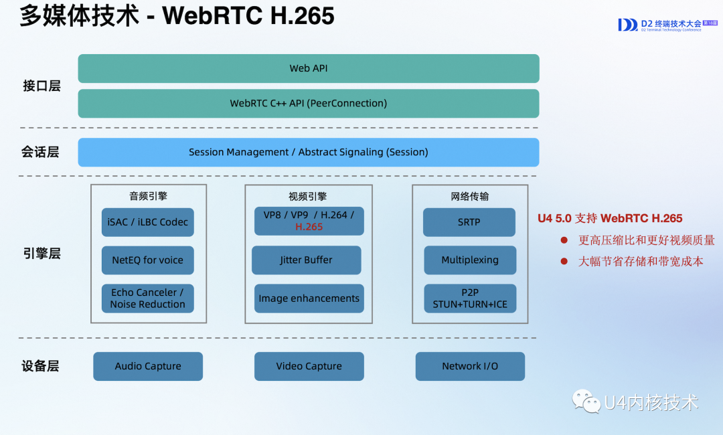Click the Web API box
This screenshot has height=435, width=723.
309,68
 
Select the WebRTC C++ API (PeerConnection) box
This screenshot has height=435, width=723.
309,104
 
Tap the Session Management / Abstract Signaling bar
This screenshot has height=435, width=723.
309,153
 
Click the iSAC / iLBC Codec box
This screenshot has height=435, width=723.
148,222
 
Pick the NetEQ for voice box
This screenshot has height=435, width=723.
148,260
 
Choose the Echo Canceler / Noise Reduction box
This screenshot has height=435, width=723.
148,298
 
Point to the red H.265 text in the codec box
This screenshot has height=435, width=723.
309,227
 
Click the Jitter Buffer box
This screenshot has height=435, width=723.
307,260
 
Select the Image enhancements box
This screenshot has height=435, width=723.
309,298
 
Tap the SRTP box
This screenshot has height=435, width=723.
469,222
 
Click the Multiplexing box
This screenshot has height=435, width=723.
470,260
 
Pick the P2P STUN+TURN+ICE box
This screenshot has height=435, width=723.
470,298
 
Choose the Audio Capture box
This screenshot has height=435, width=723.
148,366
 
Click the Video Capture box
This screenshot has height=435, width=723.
309,366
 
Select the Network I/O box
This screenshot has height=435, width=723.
470,366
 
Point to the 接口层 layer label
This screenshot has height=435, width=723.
42,86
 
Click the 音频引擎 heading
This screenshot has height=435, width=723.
148,196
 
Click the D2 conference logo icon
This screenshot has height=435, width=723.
627,25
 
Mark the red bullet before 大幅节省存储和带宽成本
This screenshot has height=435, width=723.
564,262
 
